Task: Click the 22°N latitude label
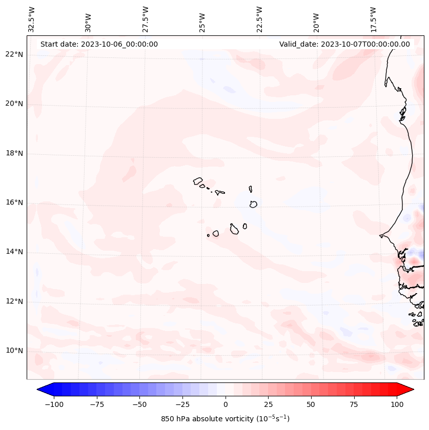pos(14,55)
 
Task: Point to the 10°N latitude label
pos(14,351)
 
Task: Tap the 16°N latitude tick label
pos(14,203)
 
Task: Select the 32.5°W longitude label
pos(32,19)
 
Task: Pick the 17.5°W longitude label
pos(374,19)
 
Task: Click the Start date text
pos(99,44)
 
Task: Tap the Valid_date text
pos(344,44)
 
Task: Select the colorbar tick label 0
pos(226,404)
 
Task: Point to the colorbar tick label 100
pos(397,404)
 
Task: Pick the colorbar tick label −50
pos(139,404)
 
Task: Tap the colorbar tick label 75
pos(354,404)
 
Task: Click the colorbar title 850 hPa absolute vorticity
pos(225,419)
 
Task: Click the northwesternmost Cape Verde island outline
pos(198,181)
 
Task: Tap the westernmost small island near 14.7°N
pos(208,235)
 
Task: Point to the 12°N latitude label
pos(14,302)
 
